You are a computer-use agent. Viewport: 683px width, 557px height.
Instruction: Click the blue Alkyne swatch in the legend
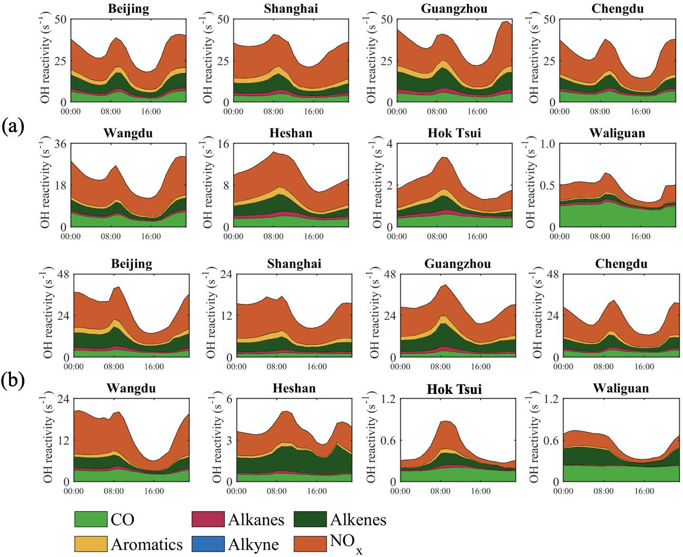207,544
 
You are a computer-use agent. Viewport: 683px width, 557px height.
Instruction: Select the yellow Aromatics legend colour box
91,544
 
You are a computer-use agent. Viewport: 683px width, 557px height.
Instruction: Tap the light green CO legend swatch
91,519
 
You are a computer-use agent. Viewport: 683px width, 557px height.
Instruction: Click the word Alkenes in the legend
358,519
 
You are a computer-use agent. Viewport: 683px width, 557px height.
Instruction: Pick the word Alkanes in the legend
256,519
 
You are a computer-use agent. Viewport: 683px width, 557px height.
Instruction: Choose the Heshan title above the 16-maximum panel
291,133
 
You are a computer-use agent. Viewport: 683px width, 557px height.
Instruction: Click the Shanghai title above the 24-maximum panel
294,264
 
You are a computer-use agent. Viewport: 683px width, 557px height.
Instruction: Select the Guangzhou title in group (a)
454,9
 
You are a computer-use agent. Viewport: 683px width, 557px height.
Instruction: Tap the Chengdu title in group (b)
621,264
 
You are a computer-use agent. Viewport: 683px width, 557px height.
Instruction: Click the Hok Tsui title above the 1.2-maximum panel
454,389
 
